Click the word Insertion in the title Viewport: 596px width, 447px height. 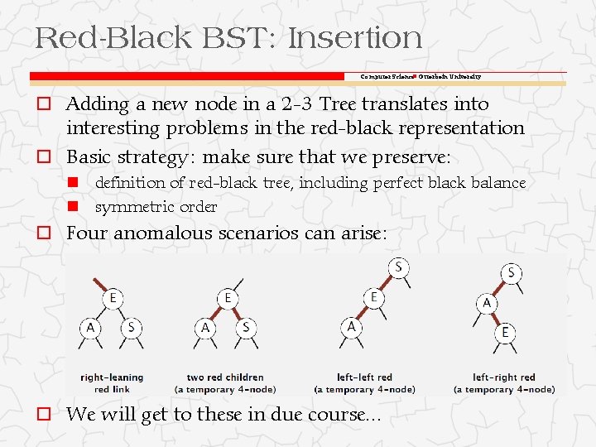[357, 37]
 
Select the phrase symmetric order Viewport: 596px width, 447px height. [156, 206]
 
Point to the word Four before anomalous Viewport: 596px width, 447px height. [87, 234]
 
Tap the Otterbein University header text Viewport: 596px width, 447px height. [449, 76]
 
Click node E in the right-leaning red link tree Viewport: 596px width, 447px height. [112, 298]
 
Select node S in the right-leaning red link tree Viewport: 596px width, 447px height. [132, 328]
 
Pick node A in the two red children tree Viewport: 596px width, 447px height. [205, 328]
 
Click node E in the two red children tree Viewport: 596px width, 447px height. [227, 298]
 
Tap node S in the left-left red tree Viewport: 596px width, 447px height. [398, 267]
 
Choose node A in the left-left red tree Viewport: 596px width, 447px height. [351, 328]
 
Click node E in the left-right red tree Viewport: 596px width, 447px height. [505, 333]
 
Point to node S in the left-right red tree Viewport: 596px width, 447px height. [512, 272]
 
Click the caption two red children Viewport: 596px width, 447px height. [225, 377]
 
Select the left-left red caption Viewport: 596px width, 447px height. [364, 377]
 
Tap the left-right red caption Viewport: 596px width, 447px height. [503, 377]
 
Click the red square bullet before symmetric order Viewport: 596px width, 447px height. [73, 206]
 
